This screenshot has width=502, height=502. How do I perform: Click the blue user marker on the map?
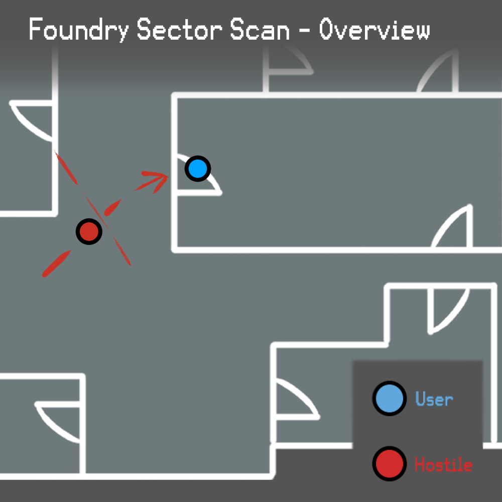coord(198,169)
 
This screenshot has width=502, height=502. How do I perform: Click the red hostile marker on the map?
coord(89,232)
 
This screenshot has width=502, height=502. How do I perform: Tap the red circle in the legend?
coord(389,463)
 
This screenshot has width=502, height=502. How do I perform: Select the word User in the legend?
coord(434,399)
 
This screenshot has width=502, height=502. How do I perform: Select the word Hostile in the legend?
coord(443,464)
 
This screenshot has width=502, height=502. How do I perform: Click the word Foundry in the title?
coord(78,30)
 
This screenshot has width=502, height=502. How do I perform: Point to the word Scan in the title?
coord(260,30)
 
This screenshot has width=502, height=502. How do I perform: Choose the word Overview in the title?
coord(374,30)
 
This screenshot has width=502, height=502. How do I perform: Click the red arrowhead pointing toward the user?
coord(160,177)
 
